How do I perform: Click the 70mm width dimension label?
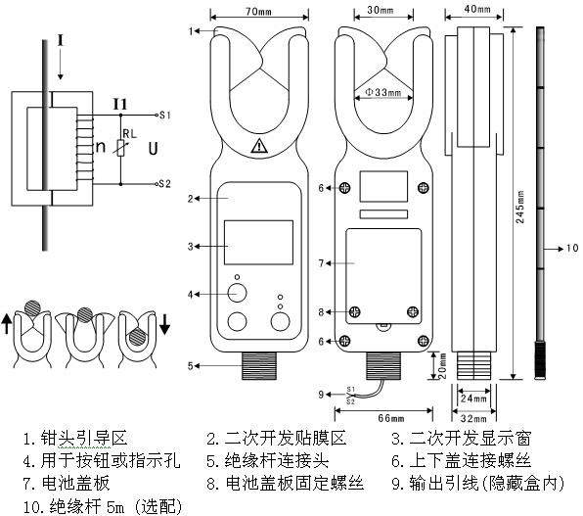tap(258, 12)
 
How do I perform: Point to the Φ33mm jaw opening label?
tap(385, 92)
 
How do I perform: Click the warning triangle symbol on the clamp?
tap(258, 148)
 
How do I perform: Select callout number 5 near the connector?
tap(194, 365)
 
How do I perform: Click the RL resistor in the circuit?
tap(121, 149)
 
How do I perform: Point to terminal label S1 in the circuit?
tap(165, 115)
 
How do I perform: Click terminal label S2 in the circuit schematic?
tap(165, 183)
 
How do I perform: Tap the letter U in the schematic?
tap(153, 149)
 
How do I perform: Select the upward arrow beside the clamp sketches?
tap(10, 323)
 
